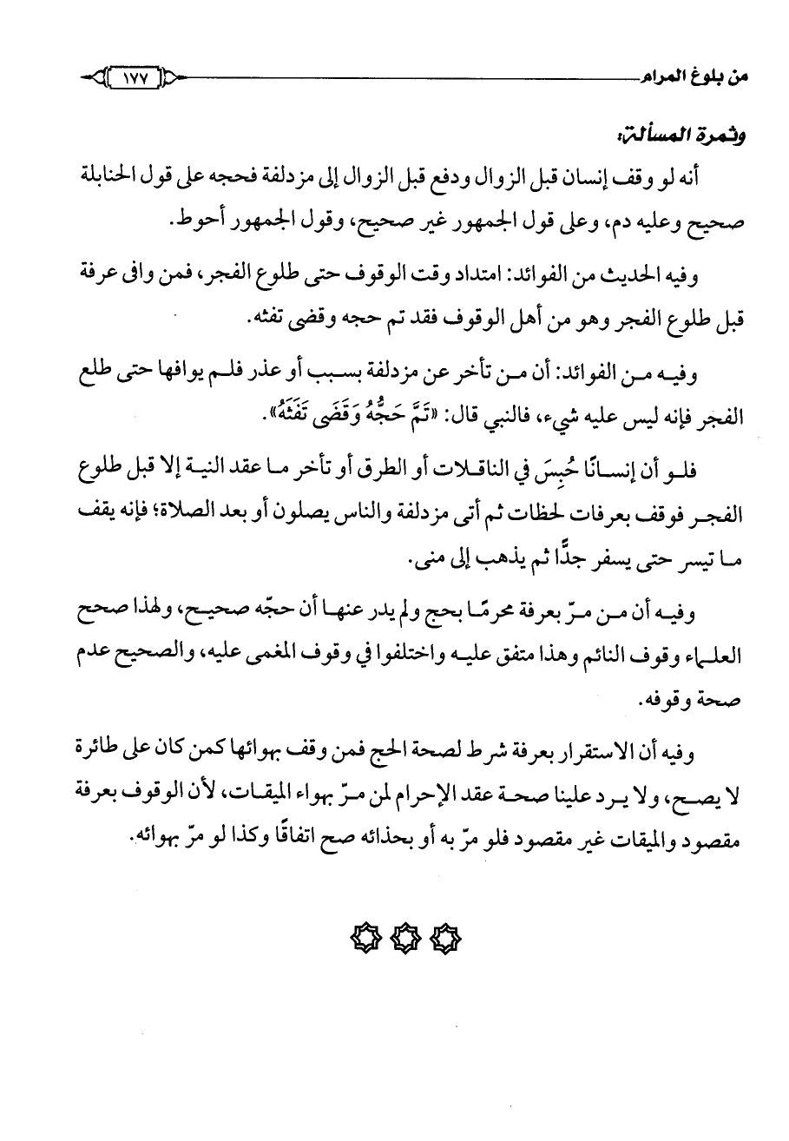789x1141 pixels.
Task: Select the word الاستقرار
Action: [607, 749]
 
